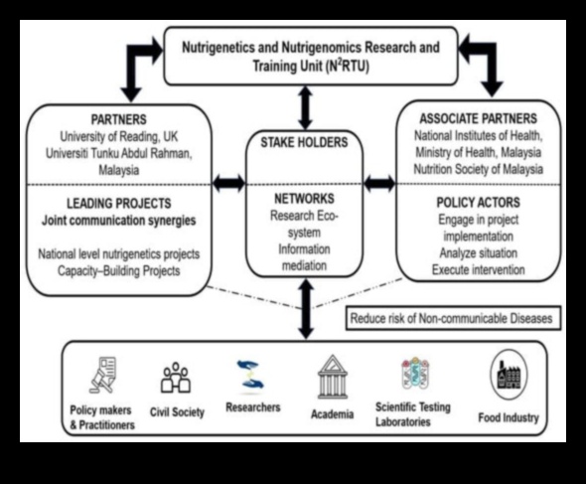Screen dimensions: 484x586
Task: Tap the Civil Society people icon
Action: [x=175, y=378]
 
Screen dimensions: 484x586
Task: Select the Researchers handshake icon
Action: [x=251, y=377]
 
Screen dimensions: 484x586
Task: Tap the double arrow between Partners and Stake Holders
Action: [x=228, y=183]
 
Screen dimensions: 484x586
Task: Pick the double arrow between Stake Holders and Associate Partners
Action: [x=379, y=183]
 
